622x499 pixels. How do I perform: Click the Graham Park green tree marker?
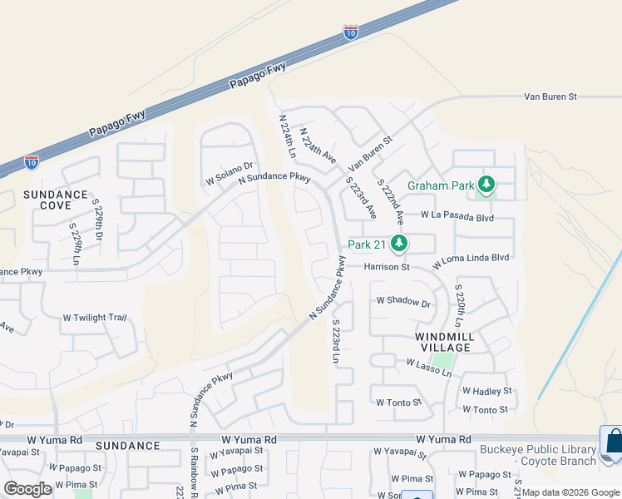[486, 185]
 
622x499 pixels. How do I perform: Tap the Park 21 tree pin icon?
[399, 244]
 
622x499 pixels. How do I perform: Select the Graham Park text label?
[440, 185]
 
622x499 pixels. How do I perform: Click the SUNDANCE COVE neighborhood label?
[55, 200]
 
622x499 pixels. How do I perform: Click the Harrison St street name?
[387, 267]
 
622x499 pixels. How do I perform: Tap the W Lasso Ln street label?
[428, 365]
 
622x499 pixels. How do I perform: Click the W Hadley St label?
[486, 390]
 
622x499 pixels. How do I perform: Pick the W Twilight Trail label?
[95, 318]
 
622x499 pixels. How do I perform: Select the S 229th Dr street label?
[97, 214]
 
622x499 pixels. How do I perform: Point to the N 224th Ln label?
[287, 136]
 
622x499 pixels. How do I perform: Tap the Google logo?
[27, 489]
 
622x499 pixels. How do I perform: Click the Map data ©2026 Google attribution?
[570, 492]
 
